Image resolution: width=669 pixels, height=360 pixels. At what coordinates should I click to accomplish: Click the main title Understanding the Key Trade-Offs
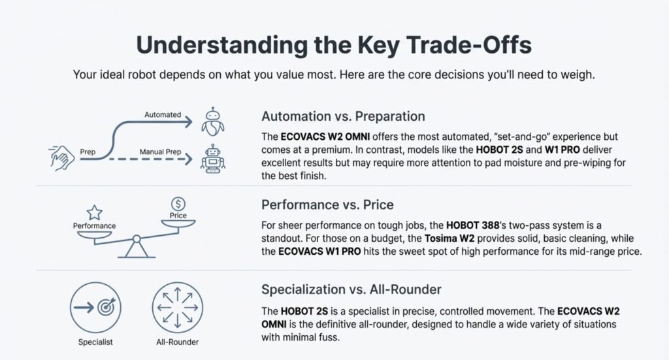(334, 45)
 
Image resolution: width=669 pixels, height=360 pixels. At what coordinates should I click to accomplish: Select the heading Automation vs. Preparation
(343, 116)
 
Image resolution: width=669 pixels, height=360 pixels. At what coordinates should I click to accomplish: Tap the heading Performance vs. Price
(327, 205)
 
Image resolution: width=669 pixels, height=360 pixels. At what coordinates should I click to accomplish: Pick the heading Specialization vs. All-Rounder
(351, 289)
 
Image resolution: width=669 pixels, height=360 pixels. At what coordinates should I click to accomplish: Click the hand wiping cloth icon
(61, 158)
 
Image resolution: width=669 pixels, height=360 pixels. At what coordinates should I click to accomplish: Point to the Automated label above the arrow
(163, 115)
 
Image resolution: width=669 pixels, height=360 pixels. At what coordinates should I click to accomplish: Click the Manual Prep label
(161, 152)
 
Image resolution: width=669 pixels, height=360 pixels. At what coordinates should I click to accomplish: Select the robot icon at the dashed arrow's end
(212, 159)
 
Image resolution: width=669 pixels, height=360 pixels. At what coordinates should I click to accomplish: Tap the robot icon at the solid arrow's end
(212, 122)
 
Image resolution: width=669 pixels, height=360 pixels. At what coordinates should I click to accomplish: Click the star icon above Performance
(94, 212)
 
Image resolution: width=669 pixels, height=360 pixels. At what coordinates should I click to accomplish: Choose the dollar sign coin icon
(178, 204)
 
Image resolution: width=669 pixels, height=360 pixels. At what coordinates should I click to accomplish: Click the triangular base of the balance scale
(137, 250)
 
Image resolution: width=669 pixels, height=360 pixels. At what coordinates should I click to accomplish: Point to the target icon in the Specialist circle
(106, 306)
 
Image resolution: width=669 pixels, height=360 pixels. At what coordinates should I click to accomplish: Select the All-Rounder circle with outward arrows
(178, 308)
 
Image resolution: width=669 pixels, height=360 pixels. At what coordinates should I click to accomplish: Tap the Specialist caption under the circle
(95, 342)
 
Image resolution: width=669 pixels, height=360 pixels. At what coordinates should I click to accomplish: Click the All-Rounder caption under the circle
(178, 342)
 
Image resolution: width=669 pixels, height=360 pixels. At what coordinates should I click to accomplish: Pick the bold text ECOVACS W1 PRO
(319, 252)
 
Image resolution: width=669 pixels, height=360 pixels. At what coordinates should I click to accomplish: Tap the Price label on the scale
(178, 216)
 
